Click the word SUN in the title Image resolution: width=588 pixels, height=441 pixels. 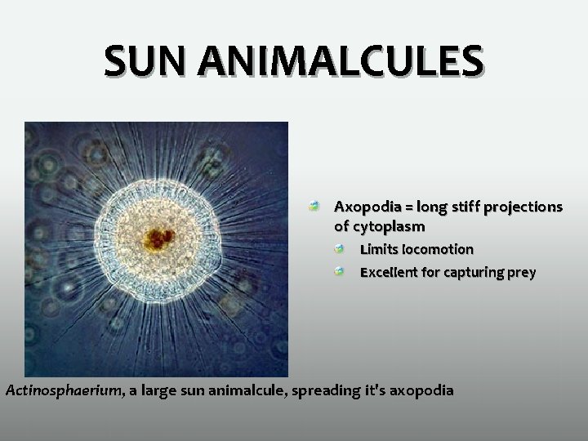tap(149, 63)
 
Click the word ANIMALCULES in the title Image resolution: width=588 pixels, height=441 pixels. tap(342, 63)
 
